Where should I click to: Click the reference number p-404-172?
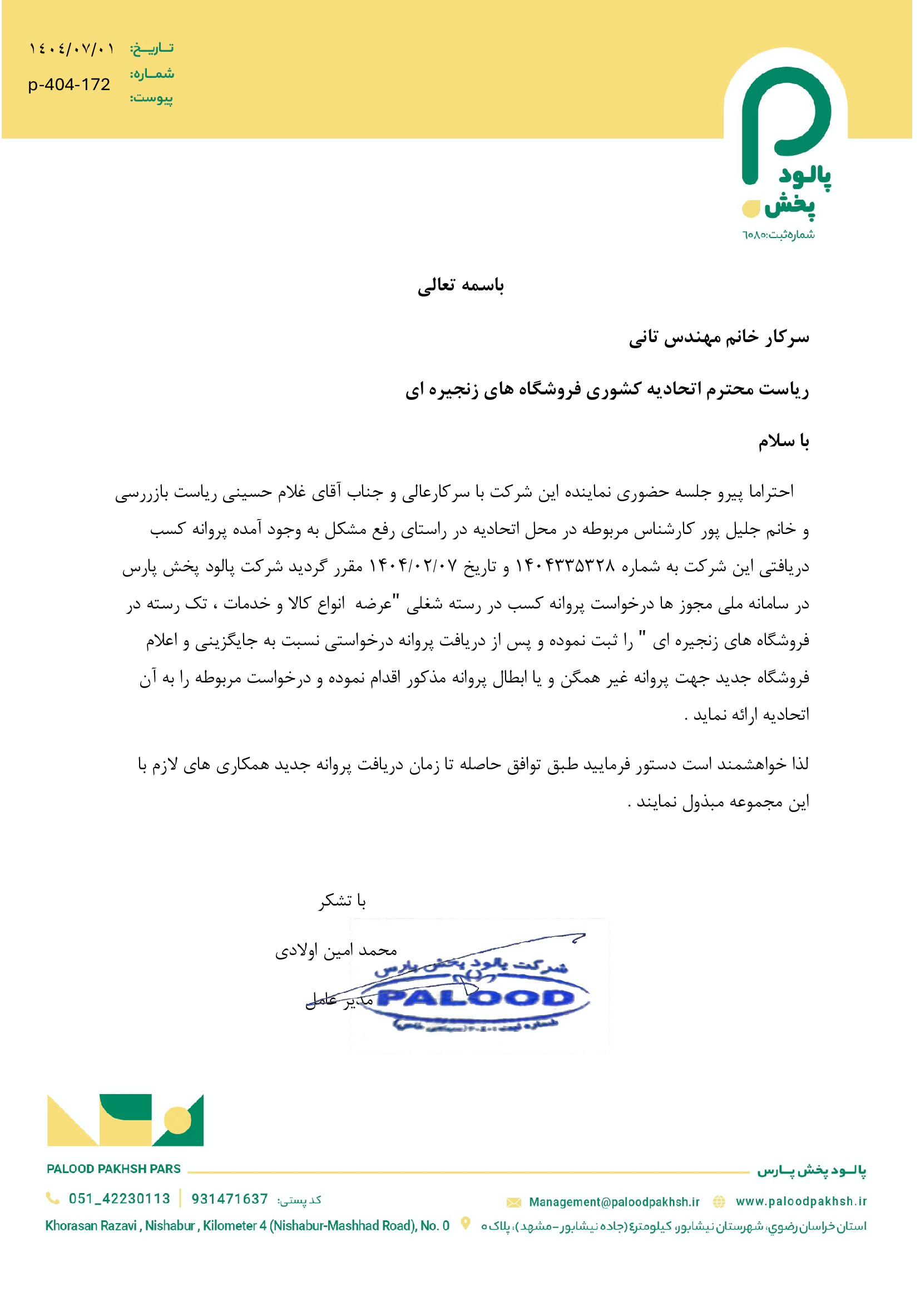click(x=69, y=85)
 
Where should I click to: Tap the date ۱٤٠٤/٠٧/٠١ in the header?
click(x=71, y=49)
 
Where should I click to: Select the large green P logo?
click(x=786, y=122)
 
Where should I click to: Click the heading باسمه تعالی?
click(x=461, y=285)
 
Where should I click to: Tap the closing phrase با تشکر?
click(x=342, y=901)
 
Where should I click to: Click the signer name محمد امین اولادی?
click(x=336, y=951)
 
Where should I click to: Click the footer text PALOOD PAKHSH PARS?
click(x=113, y=1169)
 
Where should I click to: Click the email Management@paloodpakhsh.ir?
click(x=614, y=1202)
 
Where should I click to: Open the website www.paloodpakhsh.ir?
click(x=801, y=1201)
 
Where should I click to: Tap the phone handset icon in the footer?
click(x=53, y=1198)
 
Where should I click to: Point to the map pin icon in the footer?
click(x=466, y=1223)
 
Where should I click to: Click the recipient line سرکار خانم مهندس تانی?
click(x=719, y=338)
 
